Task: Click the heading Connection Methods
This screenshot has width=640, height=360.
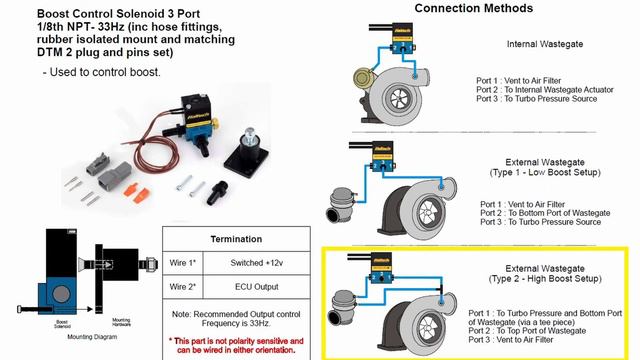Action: click(x=459, y=9)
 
